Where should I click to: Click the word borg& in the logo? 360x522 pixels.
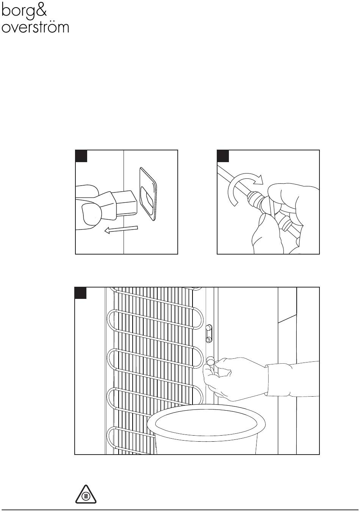tap(24, 11)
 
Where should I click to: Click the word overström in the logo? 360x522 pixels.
tap(35, 27)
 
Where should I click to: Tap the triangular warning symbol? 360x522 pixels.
tap(86, 494)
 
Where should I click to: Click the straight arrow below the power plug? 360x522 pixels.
tap(121, 229)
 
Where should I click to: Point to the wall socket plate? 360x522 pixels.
tap(148, 194)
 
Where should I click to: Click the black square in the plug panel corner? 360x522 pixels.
tap(81, 156)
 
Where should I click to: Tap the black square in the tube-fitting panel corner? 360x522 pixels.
tap(223, 156)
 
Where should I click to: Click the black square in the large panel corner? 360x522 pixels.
tap(80, 293)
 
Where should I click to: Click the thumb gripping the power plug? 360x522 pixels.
tap(91, 214)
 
